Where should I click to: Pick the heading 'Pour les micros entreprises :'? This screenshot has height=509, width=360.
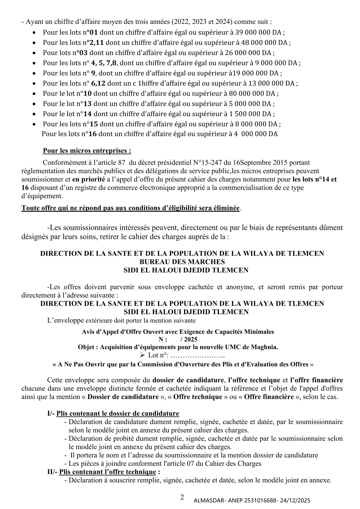pyautogui.click(x=87, y=150)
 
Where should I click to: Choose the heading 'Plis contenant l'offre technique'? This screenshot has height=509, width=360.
pyautogui.click(x=108, y=472)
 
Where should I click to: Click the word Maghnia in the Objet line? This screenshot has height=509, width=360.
pyautogui.click(x=266, y=347)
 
